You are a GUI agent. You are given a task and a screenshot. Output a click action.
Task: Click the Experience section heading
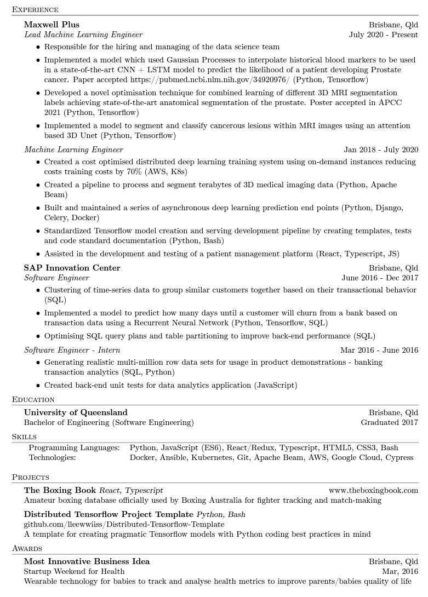tap(35, 9)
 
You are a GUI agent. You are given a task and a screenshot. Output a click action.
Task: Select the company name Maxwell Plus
tap(52, 25)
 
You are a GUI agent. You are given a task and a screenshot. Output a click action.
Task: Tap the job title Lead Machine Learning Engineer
tap(83, 35)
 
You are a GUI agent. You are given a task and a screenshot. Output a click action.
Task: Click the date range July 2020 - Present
tap(383, 35)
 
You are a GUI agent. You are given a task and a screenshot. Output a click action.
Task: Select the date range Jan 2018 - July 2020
tap(381, 150)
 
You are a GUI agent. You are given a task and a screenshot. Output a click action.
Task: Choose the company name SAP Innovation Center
tap(72, 268)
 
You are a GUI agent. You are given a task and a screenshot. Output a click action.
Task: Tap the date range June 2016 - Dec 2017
tap(380, 278)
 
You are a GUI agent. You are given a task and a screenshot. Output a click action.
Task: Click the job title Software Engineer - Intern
tap(72, 350)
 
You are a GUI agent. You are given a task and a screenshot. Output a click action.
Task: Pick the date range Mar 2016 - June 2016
tap(379, 350)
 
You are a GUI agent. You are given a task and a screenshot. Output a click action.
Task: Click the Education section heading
tap(33, 399)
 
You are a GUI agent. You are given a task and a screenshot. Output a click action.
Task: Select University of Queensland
tap(76, 412)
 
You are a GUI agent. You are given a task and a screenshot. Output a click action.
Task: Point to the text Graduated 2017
tap(389, 422)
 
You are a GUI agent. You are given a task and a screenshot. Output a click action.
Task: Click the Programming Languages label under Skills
tap(74, 447)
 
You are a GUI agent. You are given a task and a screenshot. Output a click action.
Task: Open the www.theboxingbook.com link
tap(373, 490)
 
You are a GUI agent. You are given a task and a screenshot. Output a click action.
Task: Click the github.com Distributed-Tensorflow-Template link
tap(124, 524)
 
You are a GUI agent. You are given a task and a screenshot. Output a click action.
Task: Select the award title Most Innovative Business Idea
tap(87, 561)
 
